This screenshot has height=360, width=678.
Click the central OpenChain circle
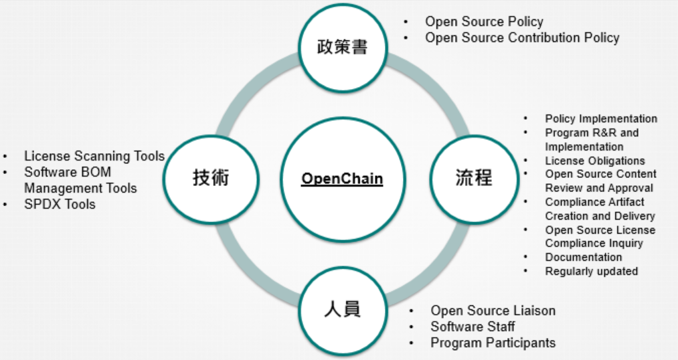point(342,179)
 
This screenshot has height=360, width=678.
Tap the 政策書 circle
point(342,47)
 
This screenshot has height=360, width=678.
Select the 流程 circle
point(473,178)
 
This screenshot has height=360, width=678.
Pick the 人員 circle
point(342,309)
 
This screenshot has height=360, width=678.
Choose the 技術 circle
point(211,178)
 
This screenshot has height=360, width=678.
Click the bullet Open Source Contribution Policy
point(522,38)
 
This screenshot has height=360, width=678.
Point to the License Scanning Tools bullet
point(94,156)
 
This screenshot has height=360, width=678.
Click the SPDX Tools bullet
point(60,204)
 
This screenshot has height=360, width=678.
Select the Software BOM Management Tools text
point(80,180)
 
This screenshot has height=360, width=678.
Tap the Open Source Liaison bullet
point(493,310)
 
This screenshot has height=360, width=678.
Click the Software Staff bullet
point(473,327)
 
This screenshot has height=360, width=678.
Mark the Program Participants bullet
point(493,343)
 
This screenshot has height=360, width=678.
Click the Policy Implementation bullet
point(601,119)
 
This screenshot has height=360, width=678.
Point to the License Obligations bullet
point(595,161)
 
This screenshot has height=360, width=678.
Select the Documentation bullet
point(583,257)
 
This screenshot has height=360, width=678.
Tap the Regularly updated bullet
point(591,271)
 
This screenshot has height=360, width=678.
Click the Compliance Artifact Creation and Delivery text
point(600,209)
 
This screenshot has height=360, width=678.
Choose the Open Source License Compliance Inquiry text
point(600,236)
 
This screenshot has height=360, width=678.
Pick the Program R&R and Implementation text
point(592,139)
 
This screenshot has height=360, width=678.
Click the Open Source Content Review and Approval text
point(600,181)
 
